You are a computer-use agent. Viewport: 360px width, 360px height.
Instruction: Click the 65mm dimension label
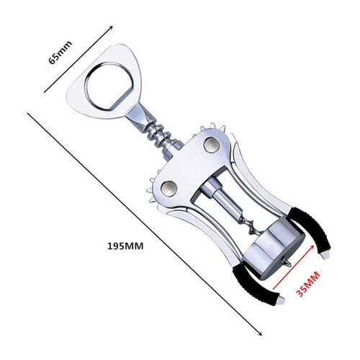tap(60, 53)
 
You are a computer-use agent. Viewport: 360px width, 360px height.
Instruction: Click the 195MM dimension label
tap(125, 246)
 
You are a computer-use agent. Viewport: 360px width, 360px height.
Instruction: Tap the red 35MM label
tap(308, 284)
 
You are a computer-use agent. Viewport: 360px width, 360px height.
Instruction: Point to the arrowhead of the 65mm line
tap(111, 27)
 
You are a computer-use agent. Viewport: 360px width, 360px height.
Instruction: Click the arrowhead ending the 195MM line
tap(260, 333)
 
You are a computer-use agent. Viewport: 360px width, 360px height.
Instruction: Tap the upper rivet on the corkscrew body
tap(212, 145)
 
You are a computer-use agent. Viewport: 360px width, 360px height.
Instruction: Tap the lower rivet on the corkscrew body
tap(169, 188)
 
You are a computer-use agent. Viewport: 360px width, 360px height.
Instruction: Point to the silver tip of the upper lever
tap(325, 254)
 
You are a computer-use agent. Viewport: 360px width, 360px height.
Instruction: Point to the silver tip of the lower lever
tap(280, 300)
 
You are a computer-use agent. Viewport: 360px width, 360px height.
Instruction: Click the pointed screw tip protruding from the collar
tap(286, 262)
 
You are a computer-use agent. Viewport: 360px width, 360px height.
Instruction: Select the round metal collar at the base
tap(274, 250)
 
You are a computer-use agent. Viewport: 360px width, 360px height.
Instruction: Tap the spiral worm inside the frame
tap(250, 225)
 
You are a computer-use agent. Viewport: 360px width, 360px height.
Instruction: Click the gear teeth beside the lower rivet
tap(153, 189)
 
